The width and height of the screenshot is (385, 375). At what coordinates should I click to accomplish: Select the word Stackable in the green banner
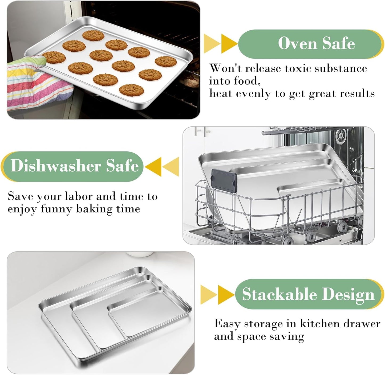pyautogui.click(x=279, y=294)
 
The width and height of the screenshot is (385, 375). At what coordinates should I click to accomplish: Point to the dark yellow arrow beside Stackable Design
pyautogui.click(x=226, y=295)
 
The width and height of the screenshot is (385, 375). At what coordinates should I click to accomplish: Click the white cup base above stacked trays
pyautogui.click(x=139, y=254)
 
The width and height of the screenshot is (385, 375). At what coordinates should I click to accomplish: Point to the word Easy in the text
pyautogui.click(x=227, y=324)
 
